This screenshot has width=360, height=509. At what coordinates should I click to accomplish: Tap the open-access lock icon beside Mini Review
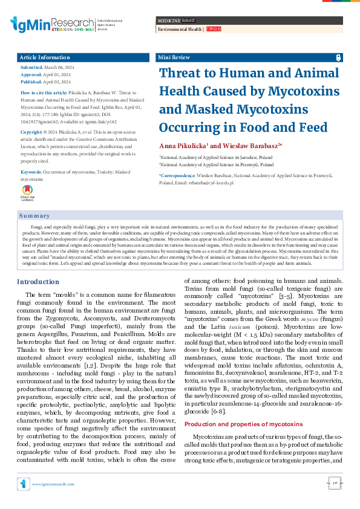[x=338, y=57]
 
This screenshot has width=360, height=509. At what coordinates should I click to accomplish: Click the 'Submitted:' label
[x=31, y=68]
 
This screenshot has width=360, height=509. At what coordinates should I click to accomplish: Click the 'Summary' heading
[x=34, y=216]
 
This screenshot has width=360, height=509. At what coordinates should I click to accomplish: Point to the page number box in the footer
[x=335, y=483]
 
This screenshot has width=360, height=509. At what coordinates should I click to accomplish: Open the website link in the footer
[x=53, y=484]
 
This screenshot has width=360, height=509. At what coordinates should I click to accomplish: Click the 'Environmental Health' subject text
[x=180, y=29]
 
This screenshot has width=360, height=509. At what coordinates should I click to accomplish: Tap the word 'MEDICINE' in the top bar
[x=169, y=21]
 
